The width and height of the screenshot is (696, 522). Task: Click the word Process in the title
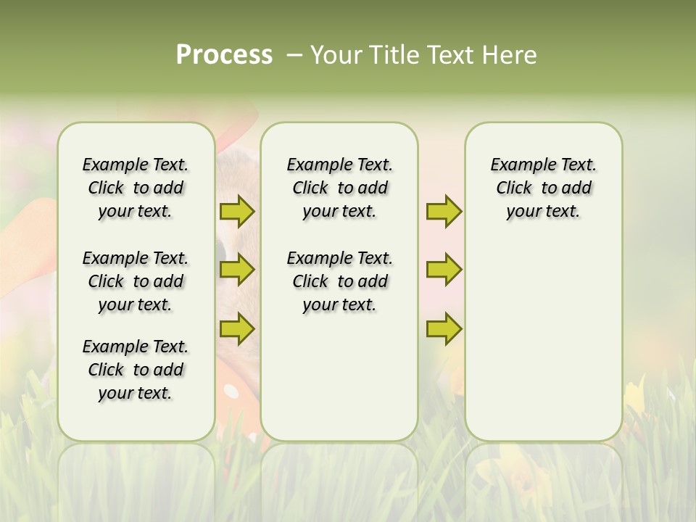[x=224, y=55]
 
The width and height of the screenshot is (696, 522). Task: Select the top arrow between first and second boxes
[x=237, y=212]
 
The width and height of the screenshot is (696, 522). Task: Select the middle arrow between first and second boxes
[x=237, y=270]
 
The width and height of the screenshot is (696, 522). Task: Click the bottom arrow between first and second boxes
[x=237, y=328]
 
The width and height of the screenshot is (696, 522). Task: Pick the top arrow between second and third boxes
[x=444, y=212]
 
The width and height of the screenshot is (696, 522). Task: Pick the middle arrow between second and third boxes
[x=444, y=270]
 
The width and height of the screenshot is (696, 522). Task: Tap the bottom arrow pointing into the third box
[x=444, y=328]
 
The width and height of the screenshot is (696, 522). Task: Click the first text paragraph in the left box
[x=136, y=188]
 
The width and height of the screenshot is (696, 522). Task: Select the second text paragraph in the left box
[x=136, y=281]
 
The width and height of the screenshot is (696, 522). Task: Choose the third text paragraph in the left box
[x=136, y=370]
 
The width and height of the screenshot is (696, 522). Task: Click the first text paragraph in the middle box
[x=339, y=188]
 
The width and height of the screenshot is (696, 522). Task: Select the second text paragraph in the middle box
[x=339, y=281]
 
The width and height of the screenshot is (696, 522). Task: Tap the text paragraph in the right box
[x=543, y=188]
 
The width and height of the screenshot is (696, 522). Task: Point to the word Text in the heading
[x=449, y=55]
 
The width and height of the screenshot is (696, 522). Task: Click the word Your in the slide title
[x=334, y=55]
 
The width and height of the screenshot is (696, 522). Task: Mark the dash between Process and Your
[x=294, y=55]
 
